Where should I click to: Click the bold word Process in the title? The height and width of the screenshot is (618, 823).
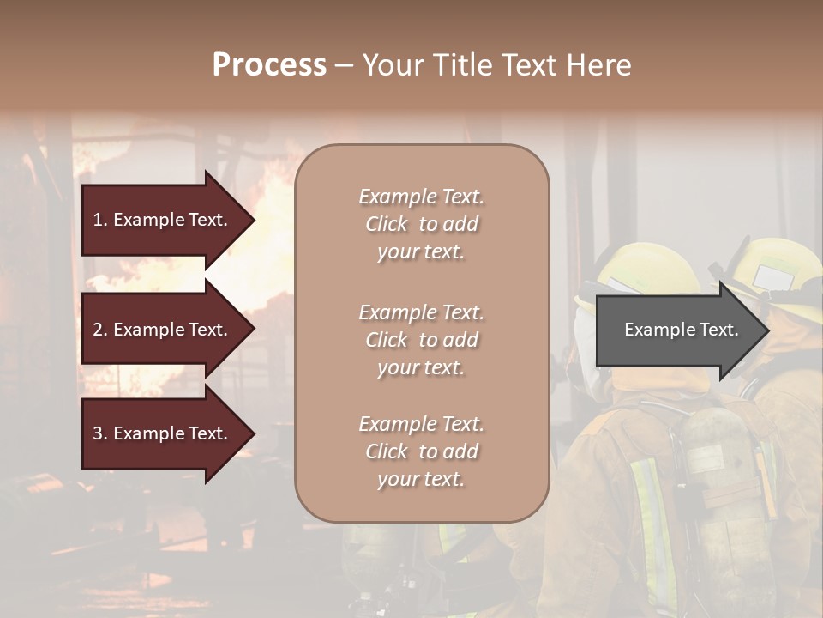[269, 65]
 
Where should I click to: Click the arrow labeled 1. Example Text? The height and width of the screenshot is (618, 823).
[160, 220]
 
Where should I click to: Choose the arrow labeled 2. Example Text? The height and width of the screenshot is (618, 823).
[160, 330]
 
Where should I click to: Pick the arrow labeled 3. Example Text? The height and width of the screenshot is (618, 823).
[160, 433]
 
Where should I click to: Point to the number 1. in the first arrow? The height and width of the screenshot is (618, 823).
[100, 220]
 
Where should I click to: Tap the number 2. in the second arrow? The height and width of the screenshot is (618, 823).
[100, 330]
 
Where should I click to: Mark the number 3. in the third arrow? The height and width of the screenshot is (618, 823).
[100, 433]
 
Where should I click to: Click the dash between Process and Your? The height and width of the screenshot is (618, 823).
[344, 65]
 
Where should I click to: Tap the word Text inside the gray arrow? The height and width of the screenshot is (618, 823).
[718, 330]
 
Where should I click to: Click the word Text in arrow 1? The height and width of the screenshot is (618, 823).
[207, 220]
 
